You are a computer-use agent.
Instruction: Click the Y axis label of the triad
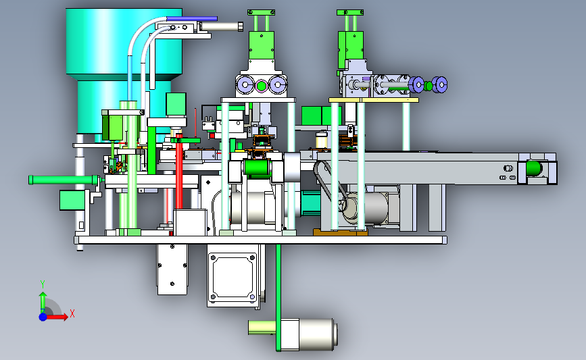tap(42, 284)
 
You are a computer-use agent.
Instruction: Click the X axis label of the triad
tap(72, 313)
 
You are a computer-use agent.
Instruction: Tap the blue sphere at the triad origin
tap(43, 317)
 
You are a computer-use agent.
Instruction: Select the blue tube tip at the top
tap(192, 18)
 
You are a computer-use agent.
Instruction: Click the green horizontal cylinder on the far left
tap(63, 180)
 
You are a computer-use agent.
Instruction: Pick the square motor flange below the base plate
tap(232, 276)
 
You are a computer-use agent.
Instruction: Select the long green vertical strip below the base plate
tap(278, 298)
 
